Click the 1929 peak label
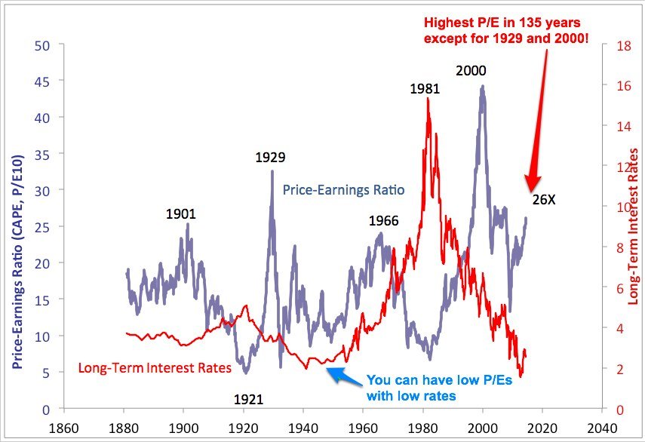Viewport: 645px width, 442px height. [x=270, y=158]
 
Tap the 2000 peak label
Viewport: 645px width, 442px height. [x=471, y=71]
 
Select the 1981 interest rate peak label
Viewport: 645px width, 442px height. [x=425, y=88]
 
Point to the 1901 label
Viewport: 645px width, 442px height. [x=180, y=214]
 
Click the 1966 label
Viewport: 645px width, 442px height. [x=383, y=221]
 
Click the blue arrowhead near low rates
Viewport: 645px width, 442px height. [x=333, y=370]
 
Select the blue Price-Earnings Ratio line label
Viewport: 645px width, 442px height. [x=343, y=190]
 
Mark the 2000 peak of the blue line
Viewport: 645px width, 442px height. [x=482, y=86]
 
